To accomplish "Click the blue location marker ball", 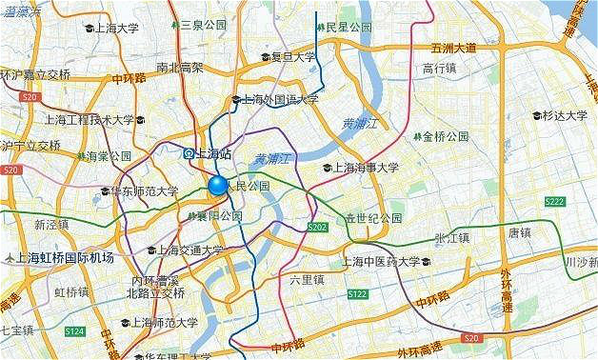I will tap(218, 185).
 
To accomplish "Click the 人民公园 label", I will tap(252, 185).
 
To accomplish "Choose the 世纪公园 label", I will tap(372, 218).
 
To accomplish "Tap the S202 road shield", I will tap(318, 227).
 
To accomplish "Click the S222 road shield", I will tap(555, 201).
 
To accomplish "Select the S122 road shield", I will tap(357, 294).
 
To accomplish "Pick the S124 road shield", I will tap(74, 330).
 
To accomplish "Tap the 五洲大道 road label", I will tap(453, 48).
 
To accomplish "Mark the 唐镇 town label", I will tap(519, 230).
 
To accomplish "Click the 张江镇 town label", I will tap(450, 237).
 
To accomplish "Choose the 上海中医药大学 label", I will tap(387, 262).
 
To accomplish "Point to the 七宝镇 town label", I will tap(17, 330).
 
